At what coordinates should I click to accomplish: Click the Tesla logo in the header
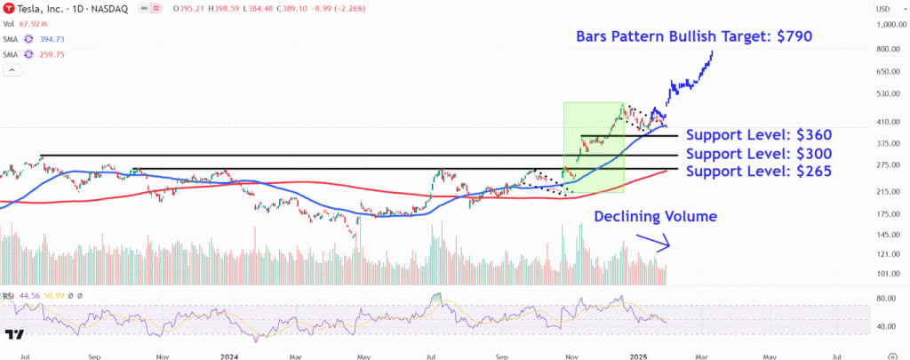coord(8,9)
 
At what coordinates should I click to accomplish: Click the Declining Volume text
coord(655,216)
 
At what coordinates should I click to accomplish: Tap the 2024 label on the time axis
coord(229,355)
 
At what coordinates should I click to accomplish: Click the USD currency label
coord(883,9)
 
